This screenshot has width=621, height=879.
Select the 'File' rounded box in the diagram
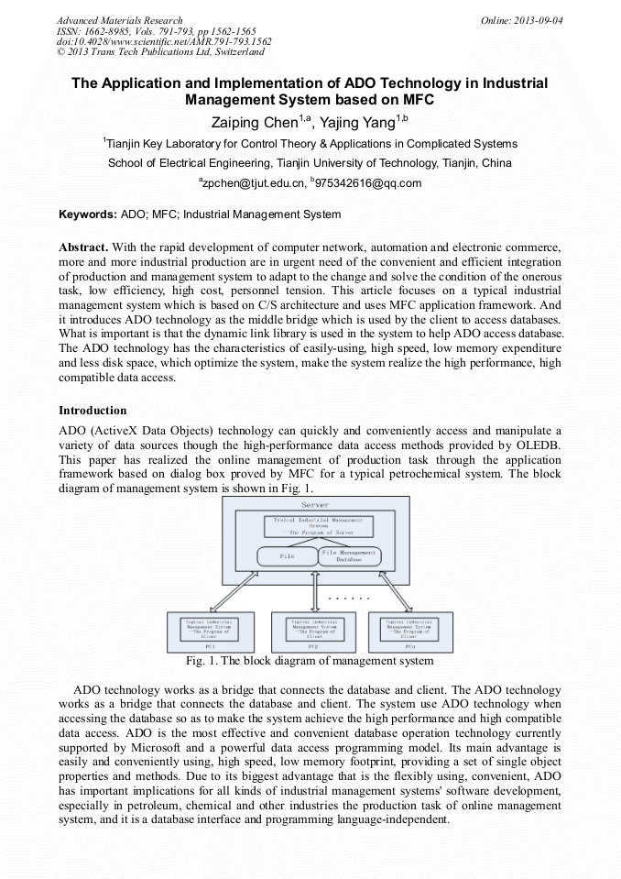[287, 556]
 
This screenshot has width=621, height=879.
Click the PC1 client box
[212, 632]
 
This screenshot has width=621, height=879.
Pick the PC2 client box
[313, 632]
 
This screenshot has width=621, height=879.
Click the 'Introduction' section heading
[93, 410]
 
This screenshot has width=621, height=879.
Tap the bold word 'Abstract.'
[85, 247]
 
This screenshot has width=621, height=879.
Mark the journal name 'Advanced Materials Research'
[119, 20]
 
